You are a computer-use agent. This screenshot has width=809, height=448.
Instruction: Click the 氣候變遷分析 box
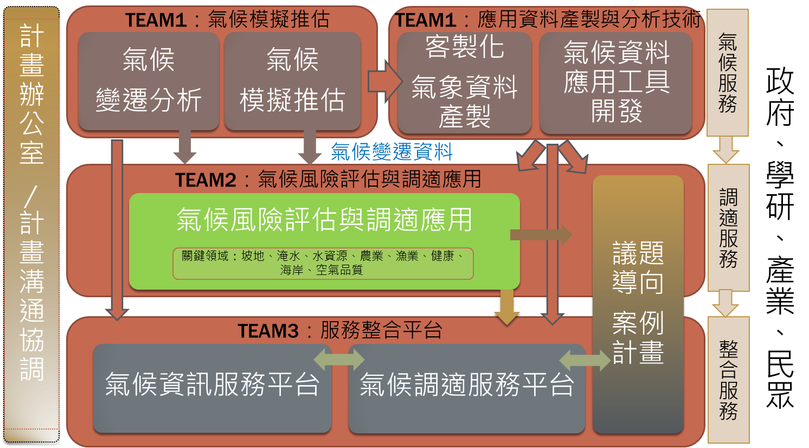click(149, 81)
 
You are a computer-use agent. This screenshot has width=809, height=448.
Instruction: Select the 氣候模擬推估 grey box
click(292, 81)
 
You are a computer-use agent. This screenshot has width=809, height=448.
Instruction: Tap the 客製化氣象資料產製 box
click(465, 83)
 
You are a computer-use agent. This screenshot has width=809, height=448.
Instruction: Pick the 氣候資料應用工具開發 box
click(616, 83)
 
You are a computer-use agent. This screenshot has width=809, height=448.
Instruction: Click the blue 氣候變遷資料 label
click(392, 151)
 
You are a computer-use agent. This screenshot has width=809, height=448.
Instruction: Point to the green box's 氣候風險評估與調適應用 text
click(324, 219)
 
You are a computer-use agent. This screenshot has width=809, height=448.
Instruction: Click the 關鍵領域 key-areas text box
click(323, 264)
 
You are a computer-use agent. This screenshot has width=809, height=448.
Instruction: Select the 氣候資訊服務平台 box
click(212, 388)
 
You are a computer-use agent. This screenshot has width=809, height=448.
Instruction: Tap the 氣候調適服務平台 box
click(467, 388)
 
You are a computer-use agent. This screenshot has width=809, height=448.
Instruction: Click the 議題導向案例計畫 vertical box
click(638, 304)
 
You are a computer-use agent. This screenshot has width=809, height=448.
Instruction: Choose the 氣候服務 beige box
click(727, 73)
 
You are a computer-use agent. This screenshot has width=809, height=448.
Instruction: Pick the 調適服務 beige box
click(728, 228)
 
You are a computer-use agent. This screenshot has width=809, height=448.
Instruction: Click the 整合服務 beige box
click(728, 380)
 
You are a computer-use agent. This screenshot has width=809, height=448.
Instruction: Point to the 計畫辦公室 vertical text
click(32, 94)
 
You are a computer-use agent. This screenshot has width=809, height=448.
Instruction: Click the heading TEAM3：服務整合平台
click(340, 330)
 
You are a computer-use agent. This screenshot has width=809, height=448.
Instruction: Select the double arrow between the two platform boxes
click(339, 360)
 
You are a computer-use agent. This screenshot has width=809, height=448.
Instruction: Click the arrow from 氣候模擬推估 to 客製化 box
click(385, 82)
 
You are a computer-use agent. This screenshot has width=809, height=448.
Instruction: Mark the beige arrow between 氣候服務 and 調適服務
click(726, 150)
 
